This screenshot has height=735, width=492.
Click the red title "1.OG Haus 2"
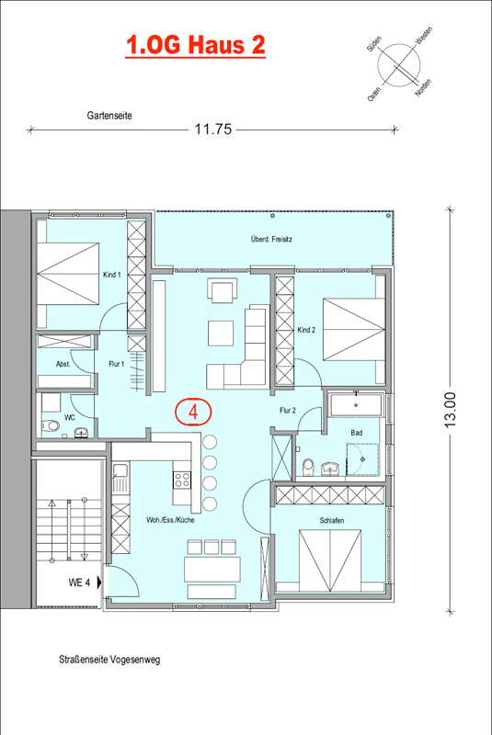pos(196,46)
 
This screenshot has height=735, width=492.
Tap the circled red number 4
pos(193,412)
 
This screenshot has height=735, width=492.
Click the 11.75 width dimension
pos(213,129)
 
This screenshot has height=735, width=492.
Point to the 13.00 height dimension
pos(451,410)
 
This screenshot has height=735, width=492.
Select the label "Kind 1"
pos(111,275)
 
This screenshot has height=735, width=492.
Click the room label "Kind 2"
pos(306,330)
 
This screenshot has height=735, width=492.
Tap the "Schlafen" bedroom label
pos(332,520)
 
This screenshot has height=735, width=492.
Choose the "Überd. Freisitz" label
pos(271,239)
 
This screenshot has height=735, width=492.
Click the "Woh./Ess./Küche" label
pos(170,520)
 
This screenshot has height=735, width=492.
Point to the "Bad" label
pos(357,433)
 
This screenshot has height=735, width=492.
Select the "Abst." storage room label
pos(63,364)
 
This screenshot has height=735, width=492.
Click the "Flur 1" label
pos(116,364)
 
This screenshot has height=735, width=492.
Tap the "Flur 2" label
pos(288,410)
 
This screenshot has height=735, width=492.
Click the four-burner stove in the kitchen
pos(182,480)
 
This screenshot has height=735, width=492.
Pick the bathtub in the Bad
pos(357,405)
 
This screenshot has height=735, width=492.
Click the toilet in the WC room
pos(51,426)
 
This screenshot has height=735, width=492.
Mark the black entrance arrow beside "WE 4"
pos(99,582)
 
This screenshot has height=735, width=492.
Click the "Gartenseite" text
pos(109,116)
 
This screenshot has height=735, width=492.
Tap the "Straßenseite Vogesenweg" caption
pos(109,660)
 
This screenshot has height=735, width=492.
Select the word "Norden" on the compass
pos(423,87)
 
